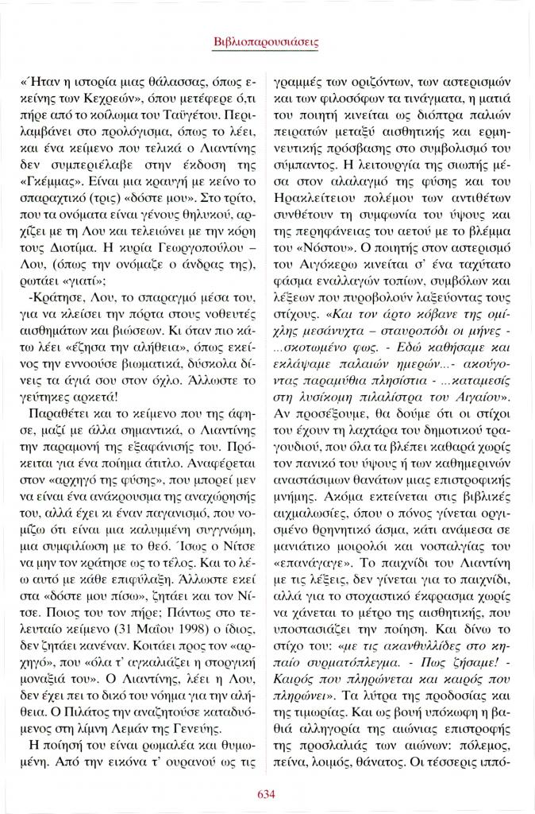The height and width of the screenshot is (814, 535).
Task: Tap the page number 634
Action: [x=267, y=792]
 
